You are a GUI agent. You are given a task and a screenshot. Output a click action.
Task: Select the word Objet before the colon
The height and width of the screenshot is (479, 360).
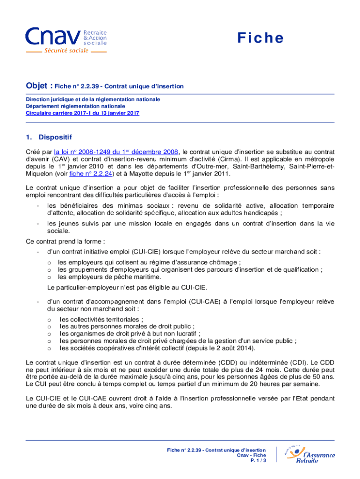[36, 86]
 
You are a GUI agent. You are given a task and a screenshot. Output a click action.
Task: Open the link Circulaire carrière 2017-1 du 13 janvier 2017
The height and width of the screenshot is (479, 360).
[82, 113]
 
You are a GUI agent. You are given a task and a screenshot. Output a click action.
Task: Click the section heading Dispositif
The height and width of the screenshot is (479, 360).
[55, 138]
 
